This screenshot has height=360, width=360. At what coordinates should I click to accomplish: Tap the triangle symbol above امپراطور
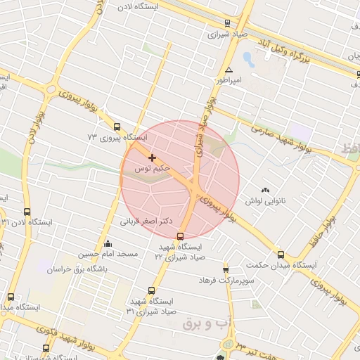(x=229, y=70)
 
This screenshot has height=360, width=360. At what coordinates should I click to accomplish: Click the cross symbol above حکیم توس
(x=152, y=157)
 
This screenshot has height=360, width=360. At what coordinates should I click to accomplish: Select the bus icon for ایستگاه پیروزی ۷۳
(x=117, y=127)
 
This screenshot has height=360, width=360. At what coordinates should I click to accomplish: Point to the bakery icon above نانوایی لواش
(x=265, y=190)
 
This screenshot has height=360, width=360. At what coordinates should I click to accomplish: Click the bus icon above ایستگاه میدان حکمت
(x=281, y=255)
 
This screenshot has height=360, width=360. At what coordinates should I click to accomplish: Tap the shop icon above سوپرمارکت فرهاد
(x=226, y=269)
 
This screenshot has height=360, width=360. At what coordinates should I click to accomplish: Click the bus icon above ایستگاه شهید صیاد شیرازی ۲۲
(x=181, y=236)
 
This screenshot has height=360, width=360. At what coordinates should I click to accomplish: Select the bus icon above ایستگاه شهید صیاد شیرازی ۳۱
(x=151, y=290)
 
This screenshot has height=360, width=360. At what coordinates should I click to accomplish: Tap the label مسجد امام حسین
(x=107, y=253)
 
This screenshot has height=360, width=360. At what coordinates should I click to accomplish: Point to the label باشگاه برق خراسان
(x=77, y=269)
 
